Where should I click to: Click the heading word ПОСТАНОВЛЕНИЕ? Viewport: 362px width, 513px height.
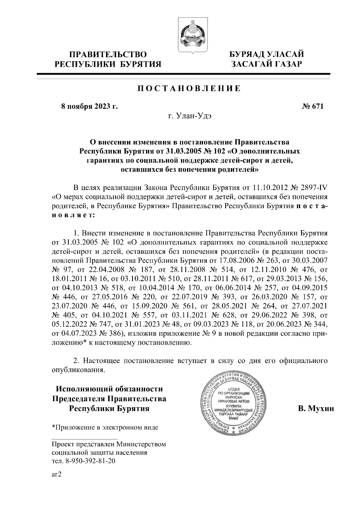click(189, 89)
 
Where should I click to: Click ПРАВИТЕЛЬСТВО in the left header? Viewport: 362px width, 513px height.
click(108, 55)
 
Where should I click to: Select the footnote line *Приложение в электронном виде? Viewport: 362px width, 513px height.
click(105, 427)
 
